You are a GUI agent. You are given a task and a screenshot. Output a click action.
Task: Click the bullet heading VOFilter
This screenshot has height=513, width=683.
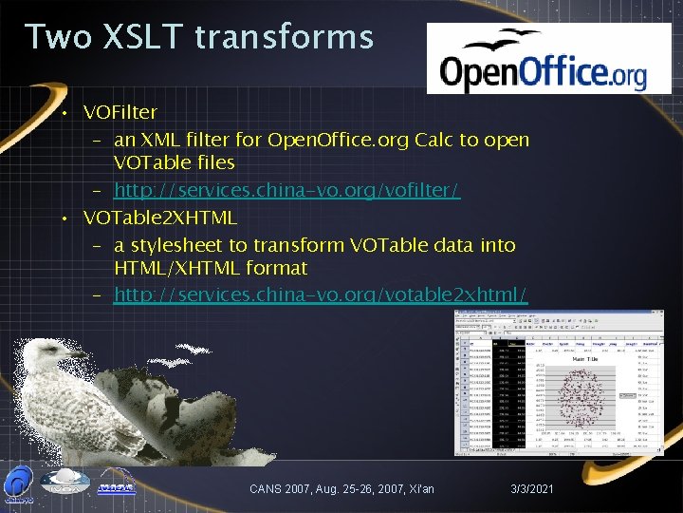point(120,114)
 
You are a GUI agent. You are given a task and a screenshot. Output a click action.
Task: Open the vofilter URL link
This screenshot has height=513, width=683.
point(286,191)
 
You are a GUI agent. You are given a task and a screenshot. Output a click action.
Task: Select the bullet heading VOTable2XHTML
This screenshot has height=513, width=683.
point(159,218)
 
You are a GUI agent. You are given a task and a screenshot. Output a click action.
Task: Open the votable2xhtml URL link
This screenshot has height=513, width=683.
point(321,294)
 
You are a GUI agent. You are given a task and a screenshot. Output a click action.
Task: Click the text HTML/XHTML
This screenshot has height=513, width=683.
point(175,269)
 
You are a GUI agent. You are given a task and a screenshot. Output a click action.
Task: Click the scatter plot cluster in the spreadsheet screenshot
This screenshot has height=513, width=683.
point(575,399)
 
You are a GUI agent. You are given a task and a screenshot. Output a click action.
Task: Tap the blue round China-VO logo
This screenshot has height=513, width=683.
point(19,484)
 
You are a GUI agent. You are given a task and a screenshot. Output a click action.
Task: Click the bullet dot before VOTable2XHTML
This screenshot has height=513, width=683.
point(60,218)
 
